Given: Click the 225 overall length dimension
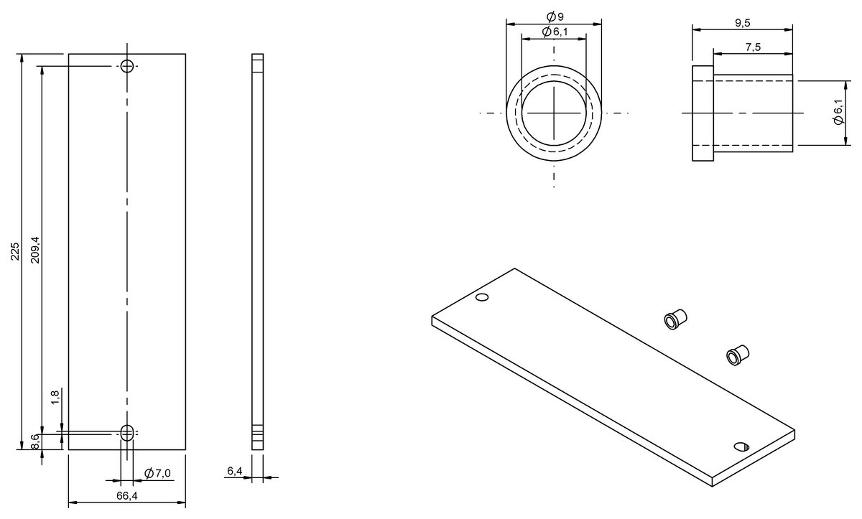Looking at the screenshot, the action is coord(14,251).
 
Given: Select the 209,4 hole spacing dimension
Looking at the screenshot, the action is coord(35,250).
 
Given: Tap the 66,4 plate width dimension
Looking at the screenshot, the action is coord(127,496).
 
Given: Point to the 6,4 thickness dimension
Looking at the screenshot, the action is coord(234,471).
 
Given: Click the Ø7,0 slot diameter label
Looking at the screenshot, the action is coord(157,473).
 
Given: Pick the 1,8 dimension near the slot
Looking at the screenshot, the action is coord(55,397).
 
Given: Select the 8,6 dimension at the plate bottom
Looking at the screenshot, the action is coord(34,441).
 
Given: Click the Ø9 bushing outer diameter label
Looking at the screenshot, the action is coord(555,17).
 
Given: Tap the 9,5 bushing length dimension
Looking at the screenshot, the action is coord(743,23).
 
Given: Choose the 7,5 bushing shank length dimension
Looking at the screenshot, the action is coord(753,47).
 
